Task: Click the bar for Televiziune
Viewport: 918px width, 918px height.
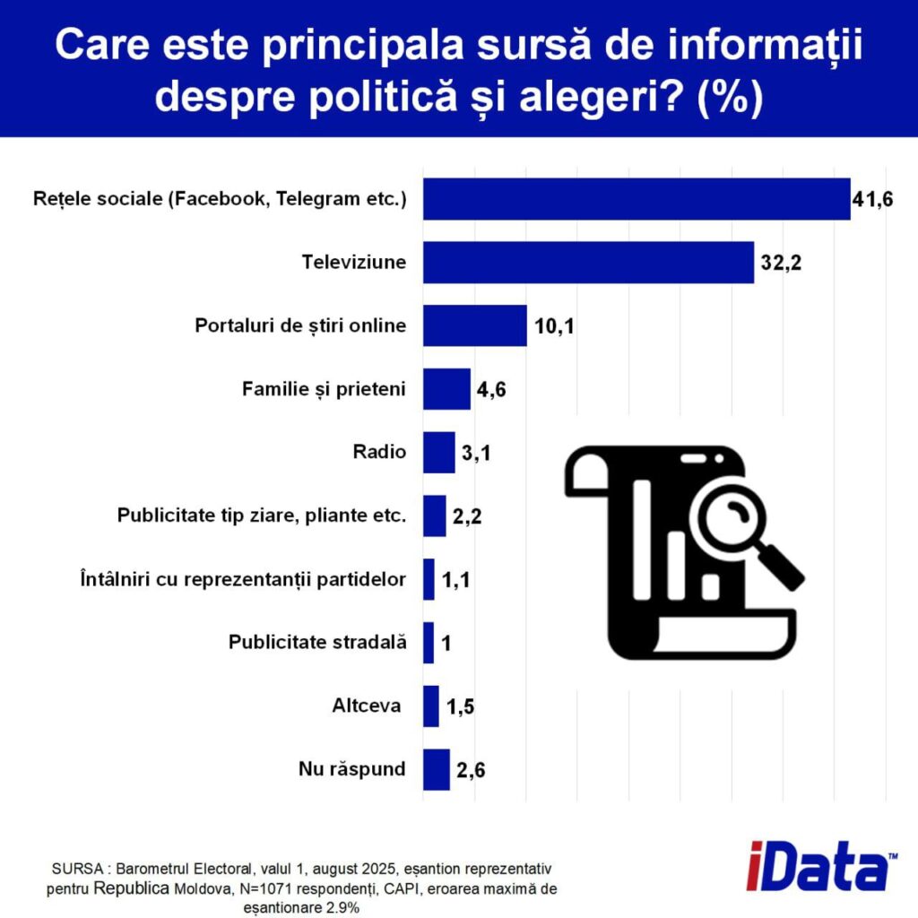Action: pos(588,263)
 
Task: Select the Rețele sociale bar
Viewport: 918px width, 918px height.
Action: pos(637,199)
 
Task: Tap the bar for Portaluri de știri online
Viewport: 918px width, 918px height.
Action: pos(474,325)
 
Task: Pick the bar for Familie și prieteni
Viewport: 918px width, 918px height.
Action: pos(446,389)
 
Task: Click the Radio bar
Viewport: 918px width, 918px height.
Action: pos(438,452)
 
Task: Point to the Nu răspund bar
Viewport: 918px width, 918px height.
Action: pos(436,769)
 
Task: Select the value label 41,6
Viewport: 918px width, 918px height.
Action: pos(873,200)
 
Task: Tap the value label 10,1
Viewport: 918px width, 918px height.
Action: pos(554,326)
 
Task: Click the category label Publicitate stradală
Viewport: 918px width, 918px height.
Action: pos(317,642)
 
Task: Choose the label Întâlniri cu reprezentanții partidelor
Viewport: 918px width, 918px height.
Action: pos(243,579)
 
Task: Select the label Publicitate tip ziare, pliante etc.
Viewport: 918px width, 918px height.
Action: pos(262,515)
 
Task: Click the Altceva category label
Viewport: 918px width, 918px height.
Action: pos(366,706)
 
